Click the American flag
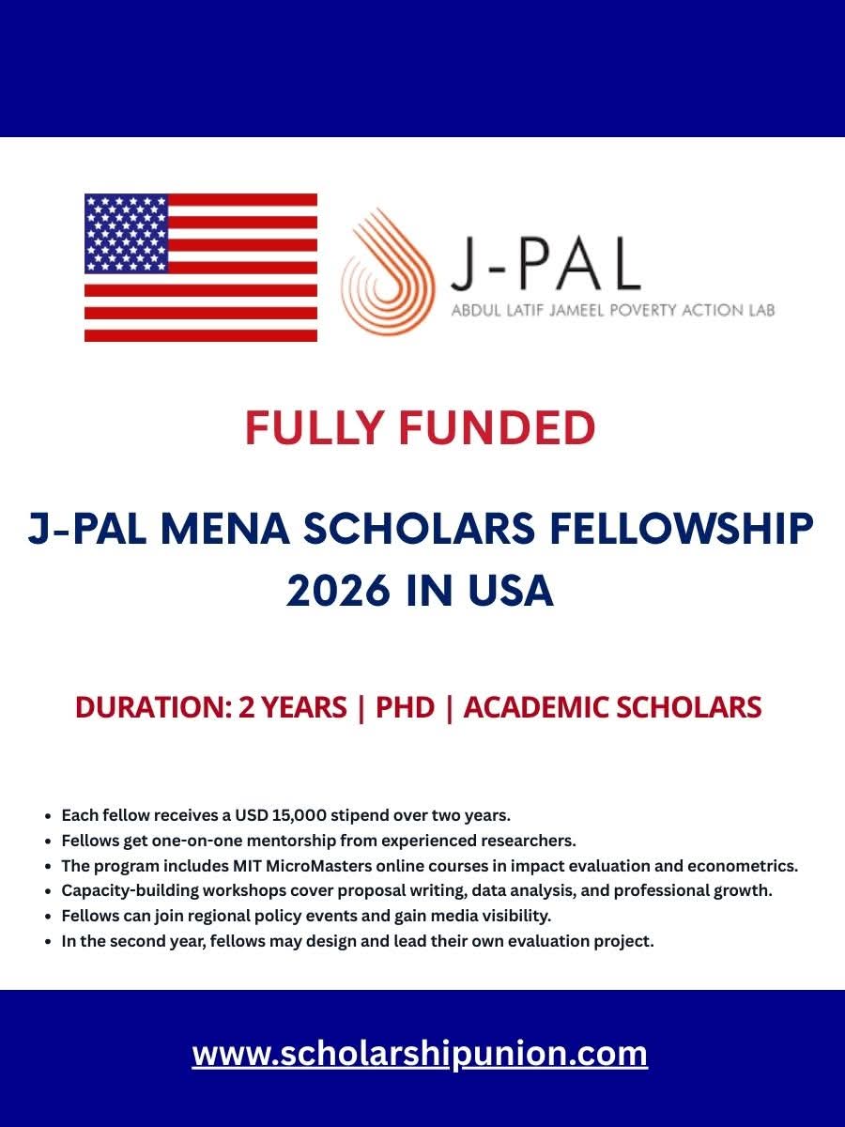[x=201, y=268]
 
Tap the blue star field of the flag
[x=126, y=233]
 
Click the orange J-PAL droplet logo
[x=388, y=272]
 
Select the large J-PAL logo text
[x=545, y=263]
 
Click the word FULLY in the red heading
[x=314, y=428]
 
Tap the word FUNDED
[x=497, y=428]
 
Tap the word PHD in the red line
[x=405, y=707]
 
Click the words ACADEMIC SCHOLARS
[x=612, y=707]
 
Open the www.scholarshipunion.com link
[x=420, y=1053]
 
